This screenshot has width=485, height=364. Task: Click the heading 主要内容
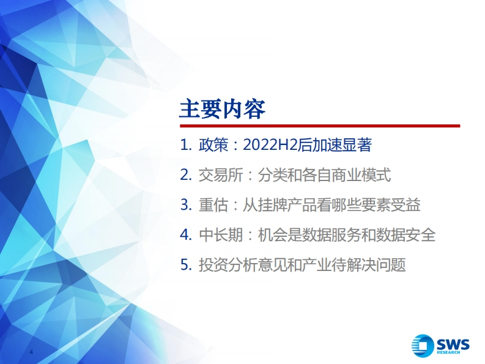223,109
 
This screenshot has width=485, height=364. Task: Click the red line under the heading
320,126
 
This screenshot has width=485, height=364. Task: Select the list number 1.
186,145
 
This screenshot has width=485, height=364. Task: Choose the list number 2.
186,175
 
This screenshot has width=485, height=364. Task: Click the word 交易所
221,175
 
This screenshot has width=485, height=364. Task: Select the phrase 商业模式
361,175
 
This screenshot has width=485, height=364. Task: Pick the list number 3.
186,205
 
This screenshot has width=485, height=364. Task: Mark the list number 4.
186,235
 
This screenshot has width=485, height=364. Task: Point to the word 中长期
221,235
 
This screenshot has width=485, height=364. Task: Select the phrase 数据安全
406,235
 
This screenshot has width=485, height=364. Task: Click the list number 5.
186,265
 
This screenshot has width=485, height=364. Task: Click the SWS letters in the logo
453,344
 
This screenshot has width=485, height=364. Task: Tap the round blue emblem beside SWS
423,346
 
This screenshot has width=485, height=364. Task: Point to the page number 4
31,352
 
